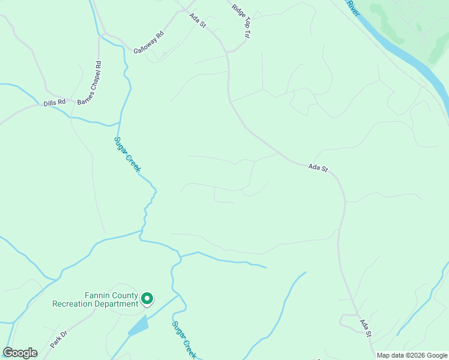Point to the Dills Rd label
tap(54, 104)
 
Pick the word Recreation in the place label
tap(72, 304)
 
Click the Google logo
tap(20, 353)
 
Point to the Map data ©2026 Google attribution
tap(412, 355)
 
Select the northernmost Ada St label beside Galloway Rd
tap(197, 20)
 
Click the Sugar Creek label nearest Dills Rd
tap(127, 155)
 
